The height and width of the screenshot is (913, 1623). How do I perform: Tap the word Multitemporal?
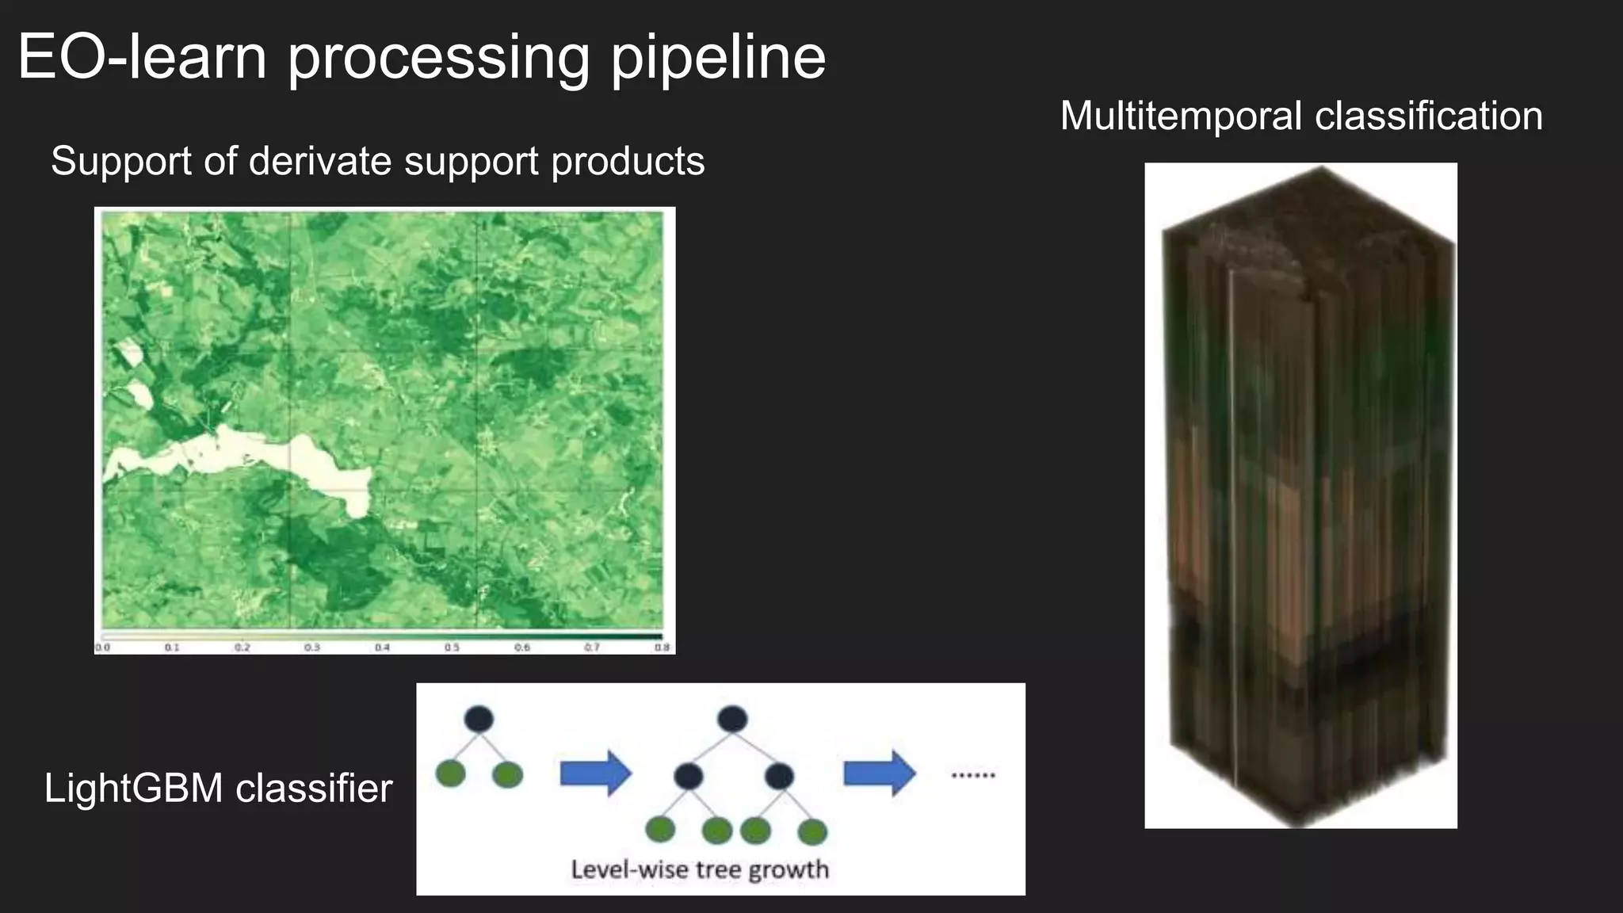click(x=1181, y=116)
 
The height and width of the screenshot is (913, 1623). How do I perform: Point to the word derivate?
click(x=321, y=161)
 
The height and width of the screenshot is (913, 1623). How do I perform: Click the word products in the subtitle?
click(x=628, y=162)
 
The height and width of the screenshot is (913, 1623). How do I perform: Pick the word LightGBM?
click(x=133, y=788)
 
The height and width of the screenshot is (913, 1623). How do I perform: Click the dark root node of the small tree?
click(x=479, y=719)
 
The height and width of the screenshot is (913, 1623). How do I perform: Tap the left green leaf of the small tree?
click(x=450, y=774)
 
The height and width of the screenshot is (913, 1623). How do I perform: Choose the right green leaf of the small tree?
click(x=507, y=774)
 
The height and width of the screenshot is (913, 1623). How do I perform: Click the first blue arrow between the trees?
click(x=595, y=773)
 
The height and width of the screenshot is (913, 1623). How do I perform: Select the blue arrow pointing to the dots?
click(x=879, y=773)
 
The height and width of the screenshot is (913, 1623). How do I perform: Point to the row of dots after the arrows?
click(x=972, y=775)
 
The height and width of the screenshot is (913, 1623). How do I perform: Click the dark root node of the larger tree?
click(x=732, y=719)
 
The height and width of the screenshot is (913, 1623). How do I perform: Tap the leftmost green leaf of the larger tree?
click(x=660, y=830)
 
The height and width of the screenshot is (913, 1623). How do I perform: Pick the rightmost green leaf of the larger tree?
click(x=812, y=831)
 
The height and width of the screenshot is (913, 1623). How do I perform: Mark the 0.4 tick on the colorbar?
click(x=382, y=648)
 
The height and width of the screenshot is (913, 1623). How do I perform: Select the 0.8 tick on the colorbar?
click(x=662, y=648)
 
